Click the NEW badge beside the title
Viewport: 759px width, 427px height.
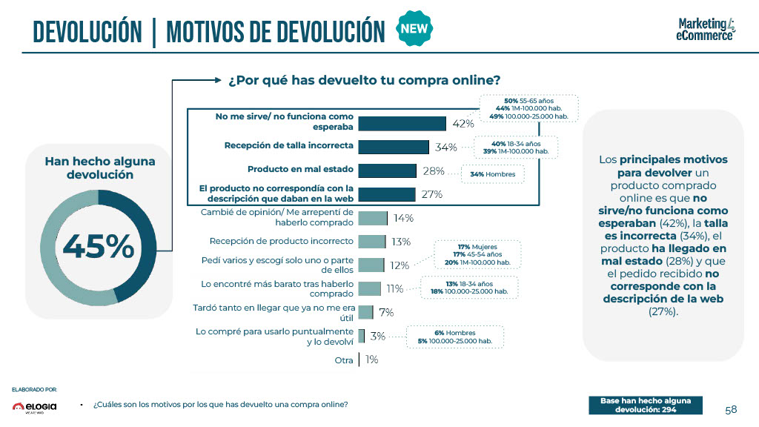click(x=415, y=29)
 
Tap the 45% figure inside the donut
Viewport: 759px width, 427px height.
click(x=99, y=246)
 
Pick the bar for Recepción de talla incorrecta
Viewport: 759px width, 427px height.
click(x=394, y=147)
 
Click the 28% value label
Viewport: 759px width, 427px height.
click(x=434, y=171)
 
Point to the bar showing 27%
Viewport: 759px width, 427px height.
click(x=386, y=194)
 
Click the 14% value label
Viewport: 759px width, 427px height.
click(x=404, y=219)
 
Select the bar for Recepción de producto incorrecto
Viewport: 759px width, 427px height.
click(x=372, y=242)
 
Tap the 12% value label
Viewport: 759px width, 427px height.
click(x=400, y=265)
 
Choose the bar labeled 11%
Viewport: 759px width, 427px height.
click(x=370, y=288)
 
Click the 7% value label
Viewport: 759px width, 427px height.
click(x=386, y=312)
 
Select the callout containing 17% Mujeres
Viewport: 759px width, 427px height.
click(x=477, y=254)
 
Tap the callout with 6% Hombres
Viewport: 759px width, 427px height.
click(x=456, y=337)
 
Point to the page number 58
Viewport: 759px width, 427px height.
click(x=731, y=410)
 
